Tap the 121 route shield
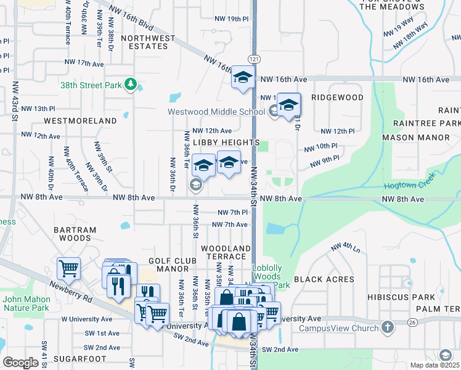253,58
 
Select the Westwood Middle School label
217,112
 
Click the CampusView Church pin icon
387,326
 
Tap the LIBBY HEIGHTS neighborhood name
226,142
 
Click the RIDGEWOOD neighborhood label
337,97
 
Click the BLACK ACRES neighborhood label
324,279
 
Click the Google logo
21,362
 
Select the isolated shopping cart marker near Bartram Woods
68,268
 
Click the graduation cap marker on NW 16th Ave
243,78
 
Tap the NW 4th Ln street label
345,247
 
